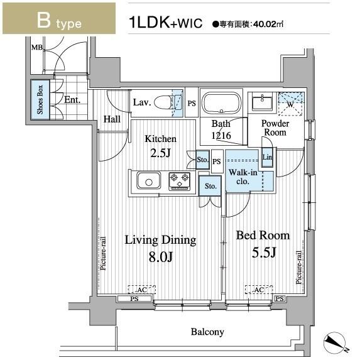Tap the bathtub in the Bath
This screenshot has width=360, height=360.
coord(222,103)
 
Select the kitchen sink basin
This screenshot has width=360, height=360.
coord(148,180)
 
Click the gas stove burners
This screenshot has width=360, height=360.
coord(180,181)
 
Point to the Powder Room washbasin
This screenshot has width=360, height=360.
coord(262,102)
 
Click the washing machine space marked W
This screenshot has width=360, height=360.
coord(291,104)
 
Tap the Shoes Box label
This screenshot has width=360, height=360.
coord(40,100)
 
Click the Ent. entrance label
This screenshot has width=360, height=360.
coord(72,100)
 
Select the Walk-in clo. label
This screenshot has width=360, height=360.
coord(243,177)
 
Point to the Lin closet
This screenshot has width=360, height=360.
coord(268,157)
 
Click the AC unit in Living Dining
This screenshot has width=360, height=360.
coord(141,290)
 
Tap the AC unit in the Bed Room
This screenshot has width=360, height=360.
coord(259,290)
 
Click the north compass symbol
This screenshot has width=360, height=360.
coord(335,342)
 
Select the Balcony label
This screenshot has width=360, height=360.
coord(207,332)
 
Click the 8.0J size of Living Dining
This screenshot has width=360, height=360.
coord(160,257)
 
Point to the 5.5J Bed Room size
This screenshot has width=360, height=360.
coord(264,253)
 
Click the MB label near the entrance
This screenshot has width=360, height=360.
coord(37,47)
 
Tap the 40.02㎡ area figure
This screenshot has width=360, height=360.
coord(268,24)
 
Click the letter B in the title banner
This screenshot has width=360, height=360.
coord(43,20)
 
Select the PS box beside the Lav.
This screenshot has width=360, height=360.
coord(192,102)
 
